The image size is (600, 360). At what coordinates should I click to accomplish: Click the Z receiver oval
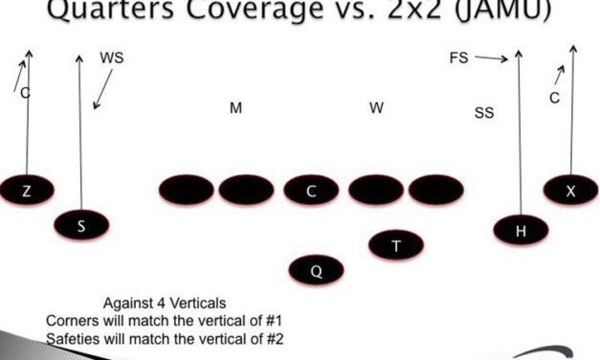click(26, 191)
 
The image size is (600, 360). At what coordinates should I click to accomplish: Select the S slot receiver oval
click(81, 226)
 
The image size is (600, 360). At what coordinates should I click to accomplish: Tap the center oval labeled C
click(311, 191)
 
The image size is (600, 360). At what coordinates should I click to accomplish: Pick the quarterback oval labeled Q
click(316, 271)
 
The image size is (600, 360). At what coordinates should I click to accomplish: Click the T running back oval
click(396, 245)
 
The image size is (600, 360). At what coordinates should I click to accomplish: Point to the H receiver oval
click(521, 229)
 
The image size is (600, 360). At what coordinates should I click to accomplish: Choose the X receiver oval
click(570, 190)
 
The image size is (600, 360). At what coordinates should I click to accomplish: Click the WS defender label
click(112, 58)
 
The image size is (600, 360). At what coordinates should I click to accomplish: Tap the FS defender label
click(458, 58)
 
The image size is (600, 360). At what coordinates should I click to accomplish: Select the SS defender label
click(484, 113)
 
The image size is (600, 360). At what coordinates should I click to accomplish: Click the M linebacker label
click(235, 108)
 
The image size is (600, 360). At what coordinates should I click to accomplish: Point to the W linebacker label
click(377, 107)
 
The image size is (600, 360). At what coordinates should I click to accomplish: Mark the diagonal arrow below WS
click(102, 88)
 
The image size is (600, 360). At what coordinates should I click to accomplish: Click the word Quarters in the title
click(97, 11)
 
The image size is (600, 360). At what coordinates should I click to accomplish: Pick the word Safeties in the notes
click(73, 338)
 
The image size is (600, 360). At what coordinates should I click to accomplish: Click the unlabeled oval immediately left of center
click(246, 190)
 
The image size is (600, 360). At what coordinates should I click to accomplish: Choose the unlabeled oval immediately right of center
click(376, 190)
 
